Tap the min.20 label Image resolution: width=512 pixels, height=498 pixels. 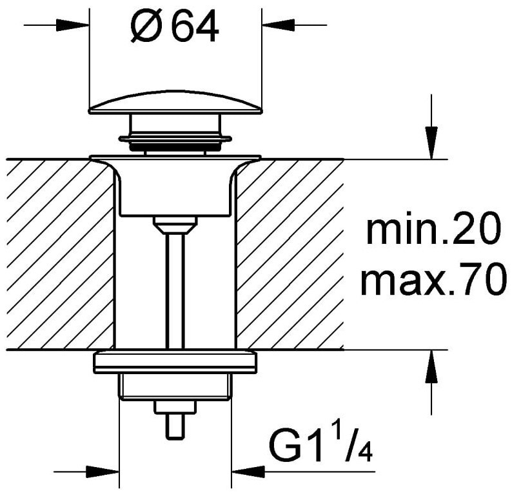coord(433,228)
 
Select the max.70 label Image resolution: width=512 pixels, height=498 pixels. coord(433,279)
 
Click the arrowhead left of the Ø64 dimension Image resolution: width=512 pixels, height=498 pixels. coord(72,25)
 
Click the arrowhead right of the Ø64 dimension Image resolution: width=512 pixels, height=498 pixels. coord(278,25)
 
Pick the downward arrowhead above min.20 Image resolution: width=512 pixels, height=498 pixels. coord(431,143)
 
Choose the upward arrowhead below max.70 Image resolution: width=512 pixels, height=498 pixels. coord(431,366)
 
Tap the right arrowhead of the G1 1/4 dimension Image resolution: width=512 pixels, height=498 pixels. coord(248,472)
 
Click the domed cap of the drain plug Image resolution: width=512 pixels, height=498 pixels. coord(175,103)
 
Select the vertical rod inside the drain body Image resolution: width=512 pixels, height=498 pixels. coord(175,292)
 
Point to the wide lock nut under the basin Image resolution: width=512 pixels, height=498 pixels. coord(175,362)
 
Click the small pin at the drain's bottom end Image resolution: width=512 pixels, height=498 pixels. coord(175,427)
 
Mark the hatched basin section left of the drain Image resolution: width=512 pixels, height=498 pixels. coord(61,255)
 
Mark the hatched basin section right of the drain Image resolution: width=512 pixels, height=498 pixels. coord(290,255)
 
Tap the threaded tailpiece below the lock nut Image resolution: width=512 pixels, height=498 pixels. coord(175,387)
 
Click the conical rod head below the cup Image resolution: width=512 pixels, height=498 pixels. coord(175,225)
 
